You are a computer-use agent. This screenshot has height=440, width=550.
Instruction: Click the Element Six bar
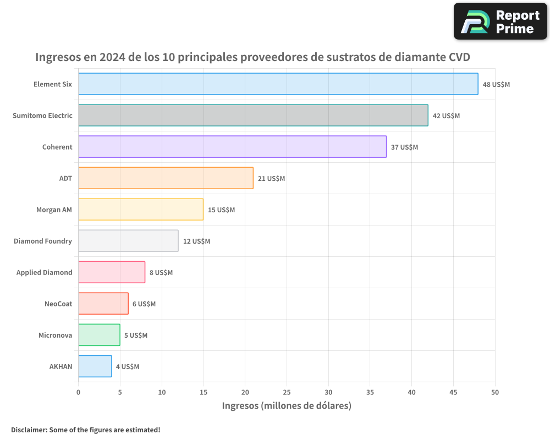(x=278, y=84)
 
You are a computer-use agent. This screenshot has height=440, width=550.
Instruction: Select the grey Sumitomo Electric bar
(x=253, y=116)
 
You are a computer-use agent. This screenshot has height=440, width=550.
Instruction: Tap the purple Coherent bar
(x=232, y=147)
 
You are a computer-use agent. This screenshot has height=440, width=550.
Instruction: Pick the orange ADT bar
(x=166, y=178)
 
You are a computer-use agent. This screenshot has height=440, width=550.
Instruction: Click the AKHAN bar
(x=95, y=366)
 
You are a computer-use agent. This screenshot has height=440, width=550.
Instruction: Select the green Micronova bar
(x=99, y=335)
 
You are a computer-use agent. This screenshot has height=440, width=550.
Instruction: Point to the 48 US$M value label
(x=496, y=85)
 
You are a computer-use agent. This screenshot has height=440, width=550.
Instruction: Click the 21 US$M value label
(x=271, y=179)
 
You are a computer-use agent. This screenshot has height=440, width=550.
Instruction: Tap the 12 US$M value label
(x=196, y=241)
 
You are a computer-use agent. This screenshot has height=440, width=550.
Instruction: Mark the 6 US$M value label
(x=144, y=304)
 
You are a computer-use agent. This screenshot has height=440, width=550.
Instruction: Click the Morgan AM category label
(x=54, y=210)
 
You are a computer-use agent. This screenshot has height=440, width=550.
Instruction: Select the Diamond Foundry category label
(x=43, y=241)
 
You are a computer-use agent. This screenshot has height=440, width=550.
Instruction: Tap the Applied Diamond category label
(x=44, y=272)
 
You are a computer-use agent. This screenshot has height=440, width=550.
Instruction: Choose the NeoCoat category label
(x=58, y=304)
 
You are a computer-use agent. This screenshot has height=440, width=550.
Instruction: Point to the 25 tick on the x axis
(x=287, y=392)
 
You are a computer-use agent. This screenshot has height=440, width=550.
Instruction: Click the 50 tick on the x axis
(x=495, y=392)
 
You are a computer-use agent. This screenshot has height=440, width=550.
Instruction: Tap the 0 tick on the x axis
(x=78, y=392)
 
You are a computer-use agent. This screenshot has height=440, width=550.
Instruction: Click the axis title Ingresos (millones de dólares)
(x=286, y=406)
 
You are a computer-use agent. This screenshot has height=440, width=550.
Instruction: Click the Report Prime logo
(x=500, y=21)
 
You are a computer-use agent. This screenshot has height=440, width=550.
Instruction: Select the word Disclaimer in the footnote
(x=28, y=430)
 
